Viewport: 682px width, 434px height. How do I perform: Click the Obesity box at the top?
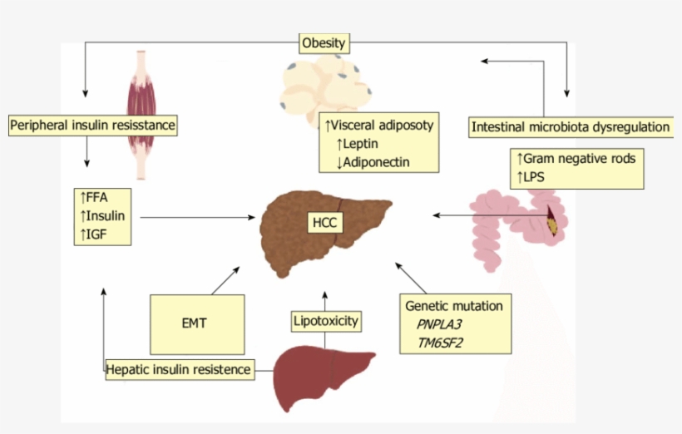point(324,42)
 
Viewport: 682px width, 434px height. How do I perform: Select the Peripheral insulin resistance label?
point(94,126)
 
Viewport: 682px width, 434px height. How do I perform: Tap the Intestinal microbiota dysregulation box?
point(570,127)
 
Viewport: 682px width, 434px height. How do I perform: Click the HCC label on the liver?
point(323,223)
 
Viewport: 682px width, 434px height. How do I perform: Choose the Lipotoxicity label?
point(325,320)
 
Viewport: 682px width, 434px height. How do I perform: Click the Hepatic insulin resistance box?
point(180,369)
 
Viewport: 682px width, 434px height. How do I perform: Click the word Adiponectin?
point(373,161)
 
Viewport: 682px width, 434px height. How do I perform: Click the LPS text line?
point(532,175)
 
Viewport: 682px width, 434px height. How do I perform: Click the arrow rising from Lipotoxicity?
point(324,298)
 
